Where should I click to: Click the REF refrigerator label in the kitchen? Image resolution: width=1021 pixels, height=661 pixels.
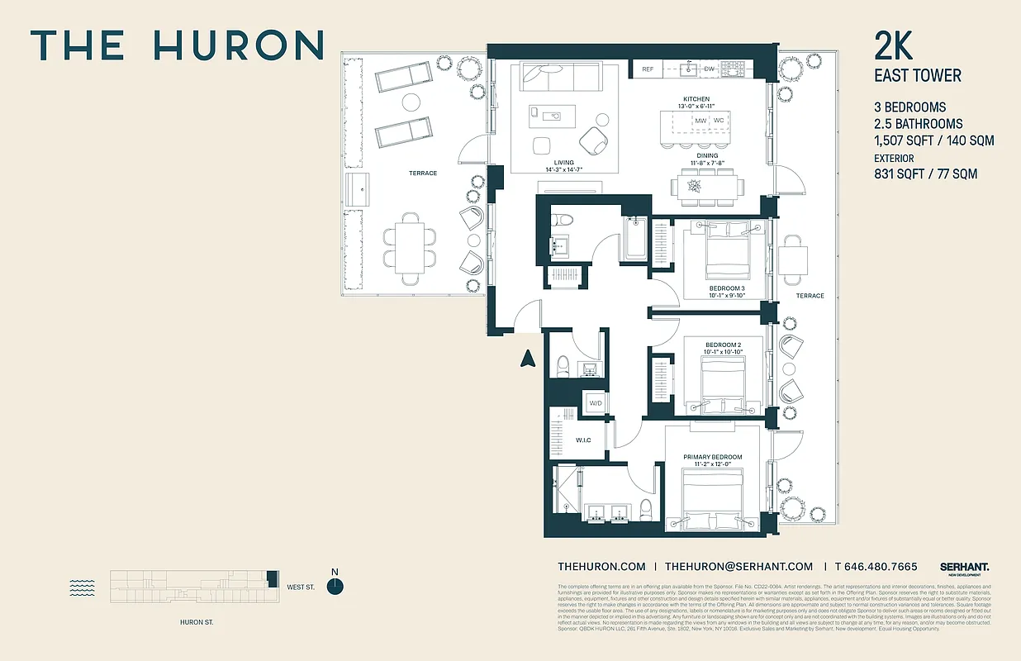pyautogui.click(x=648, y=69)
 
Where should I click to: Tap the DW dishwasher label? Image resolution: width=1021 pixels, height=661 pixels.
pyautogui.click(x=709, y=69)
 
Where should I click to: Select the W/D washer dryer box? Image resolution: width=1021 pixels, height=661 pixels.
pyautogui.click(x=596, y=403)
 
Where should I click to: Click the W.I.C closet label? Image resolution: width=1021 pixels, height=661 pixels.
pyautogui.click(x=583, y=440)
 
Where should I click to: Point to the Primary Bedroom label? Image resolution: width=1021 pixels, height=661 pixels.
pyautogui.click(x=712, y=457)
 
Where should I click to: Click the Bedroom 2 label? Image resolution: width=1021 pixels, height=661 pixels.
pyautogui.click(x=723, y=345)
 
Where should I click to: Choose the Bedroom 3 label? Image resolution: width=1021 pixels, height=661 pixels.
pyautogui.click(x=726, y=288)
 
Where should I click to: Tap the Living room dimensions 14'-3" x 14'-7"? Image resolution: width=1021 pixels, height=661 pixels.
pyautogui.click(x=558, y=169)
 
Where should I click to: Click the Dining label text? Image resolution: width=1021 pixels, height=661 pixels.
pyautogui.click(x=707, y=155)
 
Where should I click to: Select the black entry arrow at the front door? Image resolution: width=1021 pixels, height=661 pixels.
pyautogui.click(x=525, y=358)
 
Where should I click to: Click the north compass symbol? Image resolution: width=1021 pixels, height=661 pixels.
pyautogui.click(x=335, y=586)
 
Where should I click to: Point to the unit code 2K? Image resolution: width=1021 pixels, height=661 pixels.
pyautogui.click(x=894, y=46)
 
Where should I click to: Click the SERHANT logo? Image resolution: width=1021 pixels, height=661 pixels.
pyautogui.click(x=964, y=568)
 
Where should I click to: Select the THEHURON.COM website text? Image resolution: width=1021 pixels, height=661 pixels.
pyautogui.click(x=601, y=567)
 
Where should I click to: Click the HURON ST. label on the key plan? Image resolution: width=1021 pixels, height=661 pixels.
pyautogui.click(x=197, y=622)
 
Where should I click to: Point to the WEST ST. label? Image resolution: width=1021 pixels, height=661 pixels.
pyautogui.click(x=301, y=587)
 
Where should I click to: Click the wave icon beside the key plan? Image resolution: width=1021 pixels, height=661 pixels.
pyautogui.click(x=82, y=587)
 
